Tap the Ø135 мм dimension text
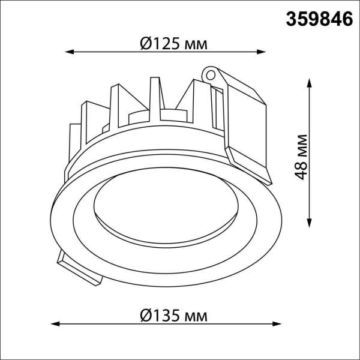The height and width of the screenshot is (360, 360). (x=169, y=316)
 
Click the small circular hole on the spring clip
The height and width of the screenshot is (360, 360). (x=211, y=74)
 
